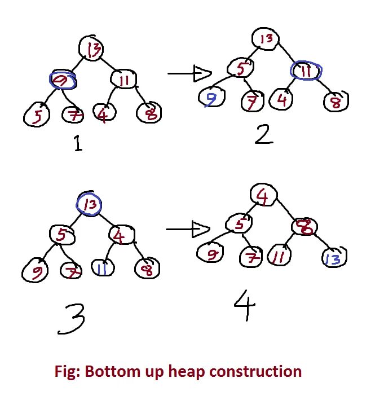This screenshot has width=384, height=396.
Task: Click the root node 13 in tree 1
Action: [92, 49]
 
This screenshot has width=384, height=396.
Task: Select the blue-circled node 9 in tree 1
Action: [63, 81]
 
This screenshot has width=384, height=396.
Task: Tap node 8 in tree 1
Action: [149, 113]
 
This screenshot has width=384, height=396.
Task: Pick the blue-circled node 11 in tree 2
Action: [306, 71]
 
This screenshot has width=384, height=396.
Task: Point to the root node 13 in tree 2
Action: [267, 39]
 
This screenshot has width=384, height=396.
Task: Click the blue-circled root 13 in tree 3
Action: [89, 204]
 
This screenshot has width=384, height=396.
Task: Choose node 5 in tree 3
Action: [62, 235]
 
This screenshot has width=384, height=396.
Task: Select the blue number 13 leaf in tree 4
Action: [333, 258]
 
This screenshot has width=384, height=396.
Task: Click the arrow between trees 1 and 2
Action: [189, 73]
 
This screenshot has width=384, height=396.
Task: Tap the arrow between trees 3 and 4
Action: [188, 228]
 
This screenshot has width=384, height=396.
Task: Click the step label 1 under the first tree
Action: [77, 144]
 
